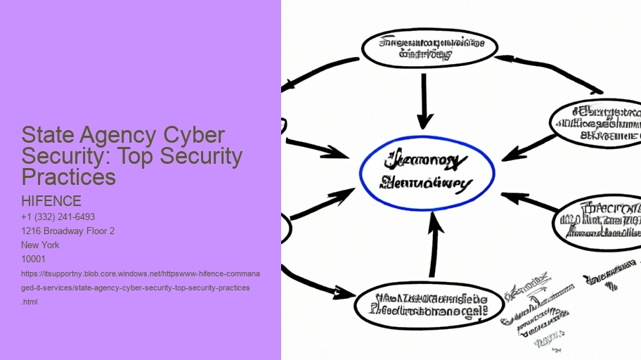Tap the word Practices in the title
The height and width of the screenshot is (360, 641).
(x=69, y=176)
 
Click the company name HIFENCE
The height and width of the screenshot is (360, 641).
(x=51, y=201)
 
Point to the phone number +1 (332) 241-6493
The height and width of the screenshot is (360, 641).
(x=58, y=217)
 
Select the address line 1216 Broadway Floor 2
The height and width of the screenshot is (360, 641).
(x=68, y=231)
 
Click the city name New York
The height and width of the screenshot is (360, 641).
(x=41, y=245)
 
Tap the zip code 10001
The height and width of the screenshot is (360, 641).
(x=34, y=259)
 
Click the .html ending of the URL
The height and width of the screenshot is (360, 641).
(x=30, y=302)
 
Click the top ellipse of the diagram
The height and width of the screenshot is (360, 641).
(x=429, y=48)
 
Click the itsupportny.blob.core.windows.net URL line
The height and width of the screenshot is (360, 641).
(x=141, y=274)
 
